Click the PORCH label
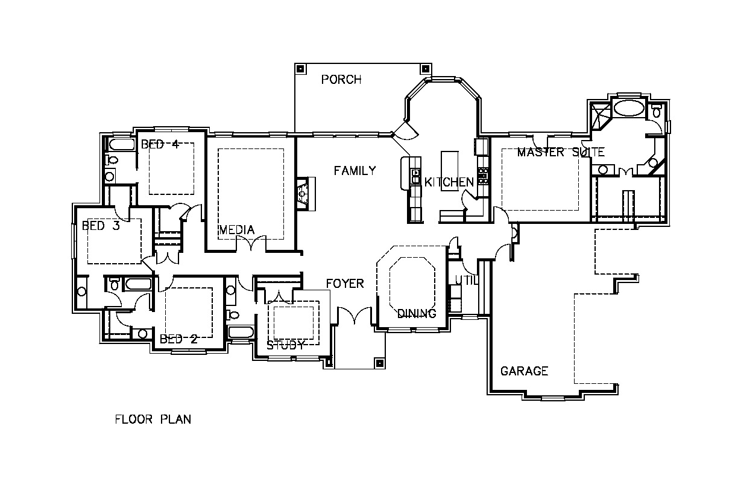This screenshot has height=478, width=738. click(341, 80)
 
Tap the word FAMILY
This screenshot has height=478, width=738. click(355, 171)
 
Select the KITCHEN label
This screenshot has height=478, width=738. click(449, 182)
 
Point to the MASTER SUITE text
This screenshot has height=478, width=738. click(561, 152)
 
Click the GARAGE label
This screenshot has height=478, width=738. click(524, 371)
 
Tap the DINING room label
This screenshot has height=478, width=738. click(417, 313)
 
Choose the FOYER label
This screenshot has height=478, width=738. click(345, 284)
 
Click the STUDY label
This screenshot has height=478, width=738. click(286, 345)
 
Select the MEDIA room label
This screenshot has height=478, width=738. click(237, 229)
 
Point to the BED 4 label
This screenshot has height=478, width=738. click(160, 144)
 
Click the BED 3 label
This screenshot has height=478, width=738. click(101, 226)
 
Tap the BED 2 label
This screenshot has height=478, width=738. click(178, 339)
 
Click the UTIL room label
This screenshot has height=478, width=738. click(466, 280)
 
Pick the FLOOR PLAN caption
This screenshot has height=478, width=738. click(153, 419)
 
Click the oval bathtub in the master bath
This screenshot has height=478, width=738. click(629, 108)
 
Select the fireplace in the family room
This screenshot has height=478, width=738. click(306, 194)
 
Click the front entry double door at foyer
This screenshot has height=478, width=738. click(354, 316)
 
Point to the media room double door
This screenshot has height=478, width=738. click(251, 243)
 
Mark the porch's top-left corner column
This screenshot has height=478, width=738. click(300, 69)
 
